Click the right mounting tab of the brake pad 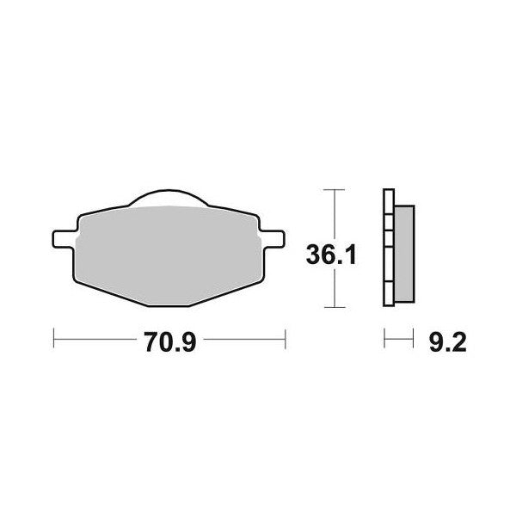273,235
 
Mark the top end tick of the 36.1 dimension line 332,189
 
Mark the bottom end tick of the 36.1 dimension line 332,307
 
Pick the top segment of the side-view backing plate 389,201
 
